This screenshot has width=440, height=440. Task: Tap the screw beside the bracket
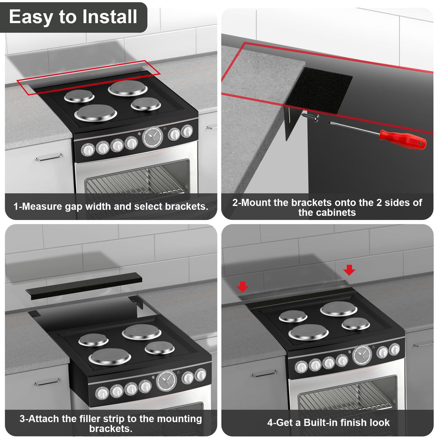311,117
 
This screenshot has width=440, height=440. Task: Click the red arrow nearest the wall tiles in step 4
349,270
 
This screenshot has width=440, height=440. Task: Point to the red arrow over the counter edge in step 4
242,287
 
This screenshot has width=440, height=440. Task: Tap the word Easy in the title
31,17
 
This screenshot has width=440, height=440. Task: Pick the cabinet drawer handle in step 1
49,157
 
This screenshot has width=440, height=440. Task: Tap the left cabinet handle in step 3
47,382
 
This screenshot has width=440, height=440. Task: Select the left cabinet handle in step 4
264,373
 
